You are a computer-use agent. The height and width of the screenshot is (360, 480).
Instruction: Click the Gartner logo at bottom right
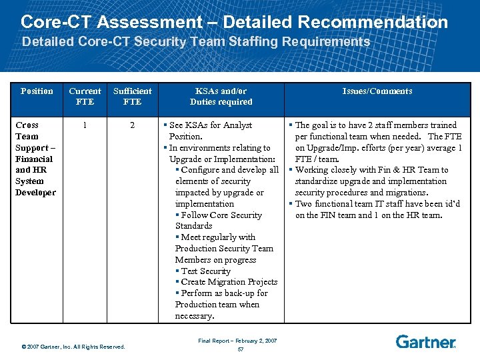click(x=425, y=342)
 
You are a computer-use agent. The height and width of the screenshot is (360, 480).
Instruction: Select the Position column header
click(x=37, y=91)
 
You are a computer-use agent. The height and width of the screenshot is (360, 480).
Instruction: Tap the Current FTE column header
click(x=85, y=96)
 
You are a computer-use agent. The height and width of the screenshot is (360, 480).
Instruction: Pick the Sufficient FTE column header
click(x=132, y=96)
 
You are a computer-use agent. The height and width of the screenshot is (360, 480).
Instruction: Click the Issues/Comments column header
click(x=377, y=91)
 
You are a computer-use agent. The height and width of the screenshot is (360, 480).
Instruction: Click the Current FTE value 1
click(x=84, y=125)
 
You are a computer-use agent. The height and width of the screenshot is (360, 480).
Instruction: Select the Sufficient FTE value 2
click(x=132, y=125)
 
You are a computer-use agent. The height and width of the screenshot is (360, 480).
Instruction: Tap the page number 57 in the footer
click(x=240, y=349)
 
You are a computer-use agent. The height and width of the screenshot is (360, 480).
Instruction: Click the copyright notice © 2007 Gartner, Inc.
click(x=73, y=347)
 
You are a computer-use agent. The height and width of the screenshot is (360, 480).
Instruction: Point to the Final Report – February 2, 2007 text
click(x=237, y=341)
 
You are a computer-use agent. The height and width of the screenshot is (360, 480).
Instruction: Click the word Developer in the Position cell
click(x=35, y=193)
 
